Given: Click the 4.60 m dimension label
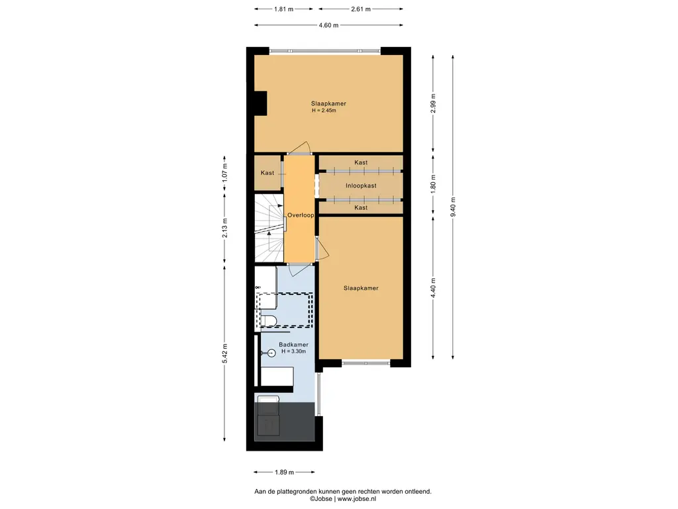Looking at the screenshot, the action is [328, 25].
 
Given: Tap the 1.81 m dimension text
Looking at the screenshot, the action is [283, 9].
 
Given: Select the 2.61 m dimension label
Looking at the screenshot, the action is [361, 9].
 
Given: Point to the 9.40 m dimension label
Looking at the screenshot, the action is [453, 207].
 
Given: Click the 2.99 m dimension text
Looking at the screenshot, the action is [433, 103].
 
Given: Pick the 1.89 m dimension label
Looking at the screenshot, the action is [284, 472].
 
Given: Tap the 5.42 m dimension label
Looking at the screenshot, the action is [224, 354].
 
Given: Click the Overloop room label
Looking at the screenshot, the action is [301, 215].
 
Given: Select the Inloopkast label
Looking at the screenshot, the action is [361, 186].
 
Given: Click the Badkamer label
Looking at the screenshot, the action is [293, 345].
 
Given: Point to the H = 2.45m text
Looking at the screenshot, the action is [324, 111].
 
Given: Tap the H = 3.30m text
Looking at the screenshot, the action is [293, 351].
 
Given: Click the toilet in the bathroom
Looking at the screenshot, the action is [269, 321].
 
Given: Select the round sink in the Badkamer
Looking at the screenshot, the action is [271, 353].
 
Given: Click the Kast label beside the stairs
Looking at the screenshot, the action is [267, 173].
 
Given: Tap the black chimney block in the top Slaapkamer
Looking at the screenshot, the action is [260, 103].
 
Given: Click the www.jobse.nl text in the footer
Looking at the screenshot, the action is [357, 498].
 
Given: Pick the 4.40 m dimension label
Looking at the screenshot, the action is [433, 288].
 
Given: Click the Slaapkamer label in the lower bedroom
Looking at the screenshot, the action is [361, 288].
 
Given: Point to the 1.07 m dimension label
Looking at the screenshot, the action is [224, 173].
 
